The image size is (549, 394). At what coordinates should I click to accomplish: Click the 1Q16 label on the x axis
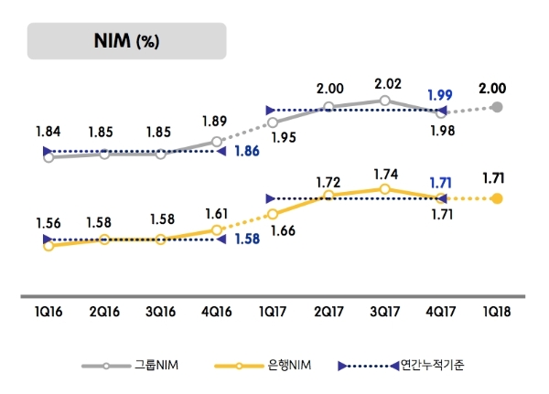pos(48,312)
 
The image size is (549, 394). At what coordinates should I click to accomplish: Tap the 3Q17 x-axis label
pos(384,312)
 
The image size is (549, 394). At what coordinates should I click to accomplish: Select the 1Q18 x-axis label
pos(497,312)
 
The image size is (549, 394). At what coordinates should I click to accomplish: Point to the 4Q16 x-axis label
pos(216,312)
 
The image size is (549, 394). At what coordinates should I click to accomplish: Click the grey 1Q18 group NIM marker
pos(497,107)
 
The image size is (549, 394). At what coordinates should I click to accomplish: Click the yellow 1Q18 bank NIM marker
pos(497,198)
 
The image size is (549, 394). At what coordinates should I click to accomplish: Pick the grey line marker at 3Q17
pos(385,101)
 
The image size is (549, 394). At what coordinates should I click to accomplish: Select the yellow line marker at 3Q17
pos(385,189)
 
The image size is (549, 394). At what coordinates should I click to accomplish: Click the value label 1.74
pos(384,172)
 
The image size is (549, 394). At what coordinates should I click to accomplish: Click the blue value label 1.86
pos(244,151)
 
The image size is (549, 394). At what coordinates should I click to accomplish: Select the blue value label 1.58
pos(244,240)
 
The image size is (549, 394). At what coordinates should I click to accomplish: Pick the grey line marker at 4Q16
pos(217,142)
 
